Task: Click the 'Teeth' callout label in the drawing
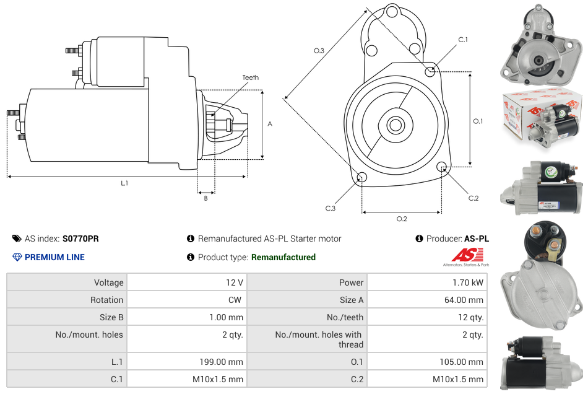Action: pos(250,77)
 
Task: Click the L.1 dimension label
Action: pos(124,183)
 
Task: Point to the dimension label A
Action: pos(270,124)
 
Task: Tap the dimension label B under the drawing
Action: pos(205,198)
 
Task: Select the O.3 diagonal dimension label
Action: pos(319,51)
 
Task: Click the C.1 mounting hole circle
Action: pos(430,71)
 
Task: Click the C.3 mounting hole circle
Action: pos(362,178)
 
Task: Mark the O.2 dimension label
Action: pos(402,219)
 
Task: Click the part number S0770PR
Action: pos(80,239)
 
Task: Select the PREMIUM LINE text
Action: pos(54,257)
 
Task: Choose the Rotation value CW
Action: pos(236,300)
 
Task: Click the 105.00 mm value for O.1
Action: pos(462,362)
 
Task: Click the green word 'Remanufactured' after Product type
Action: pos(283,257)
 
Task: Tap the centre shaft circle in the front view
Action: pos(395,125)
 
